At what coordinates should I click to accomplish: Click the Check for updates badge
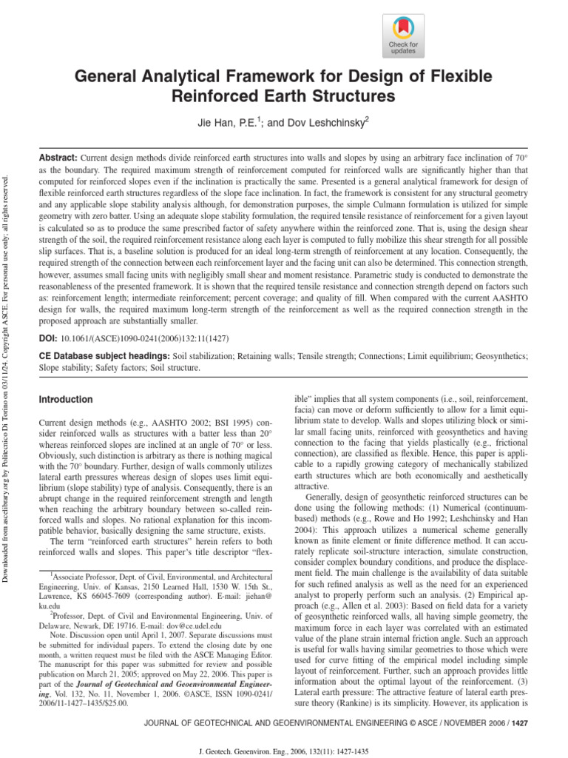404,36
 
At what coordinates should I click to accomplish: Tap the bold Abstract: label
58,159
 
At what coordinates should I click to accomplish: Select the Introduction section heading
66,400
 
